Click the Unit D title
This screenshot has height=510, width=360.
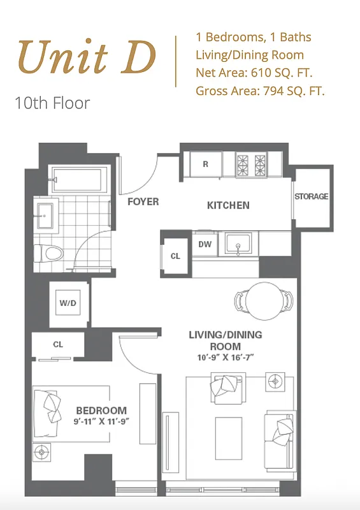(x=87, y=57)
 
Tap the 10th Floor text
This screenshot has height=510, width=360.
(x=53, y=103)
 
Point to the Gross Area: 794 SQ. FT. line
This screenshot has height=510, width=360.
(x=260, y=91)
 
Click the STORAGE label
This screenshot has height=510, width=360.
(x=311, y=196)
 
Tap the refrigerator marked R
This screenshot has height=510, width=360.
(x=205, y=164)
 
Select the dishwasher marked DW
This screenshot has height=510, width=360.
(x=205, y=244)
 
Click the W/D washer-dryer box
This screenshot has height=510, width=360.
(x=68, y=303)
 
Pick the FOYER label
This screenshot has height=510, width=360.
(x=143, y=202)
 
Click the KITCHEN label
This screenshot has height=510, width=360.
(x=228, y=205)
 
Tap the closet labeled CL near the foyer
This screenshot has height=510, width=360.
(x=175, y=256)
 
